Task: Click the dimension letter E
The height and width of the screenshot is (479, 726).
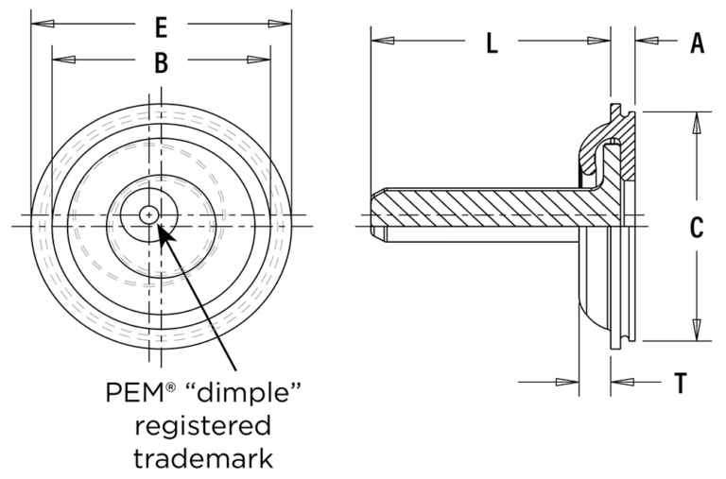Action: [x=162, y=25]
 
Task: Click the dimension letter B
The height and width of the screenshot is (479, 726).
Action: [x=162, y=62]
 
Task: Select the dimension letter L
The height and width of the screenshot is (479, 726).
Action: [x=492, y=43]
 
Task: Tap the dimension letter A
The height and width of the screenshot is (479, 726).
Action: [x=698, y=43]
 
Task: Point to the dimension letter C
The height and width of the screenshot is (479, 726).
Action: [x=697, y=228]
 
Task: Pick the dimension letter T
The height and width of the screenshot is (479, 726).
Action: [x=680, y=383]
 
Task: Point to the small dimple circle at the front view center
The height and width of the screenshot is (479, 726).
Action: [x=147, y=214]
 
